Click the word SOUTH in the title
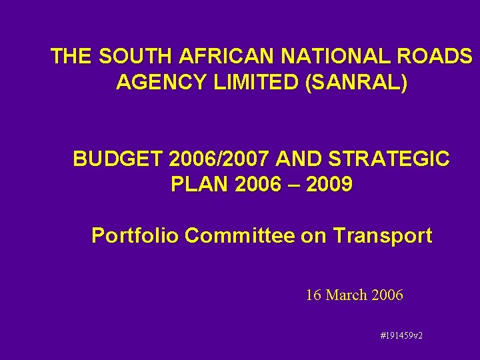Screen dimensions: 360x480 click(x=128, y=57)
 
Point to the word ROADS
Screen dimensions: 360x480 click(x=437, y=57)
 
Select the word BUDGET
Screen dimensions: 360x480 click(x=118, y=159)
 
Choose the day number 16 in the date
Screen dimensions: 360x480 click(x=313, y=295)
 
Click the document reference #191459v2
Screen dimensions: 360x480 click(x=401, y=335)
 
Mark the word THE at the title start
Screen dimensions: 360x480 click(x=71, y=57)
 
